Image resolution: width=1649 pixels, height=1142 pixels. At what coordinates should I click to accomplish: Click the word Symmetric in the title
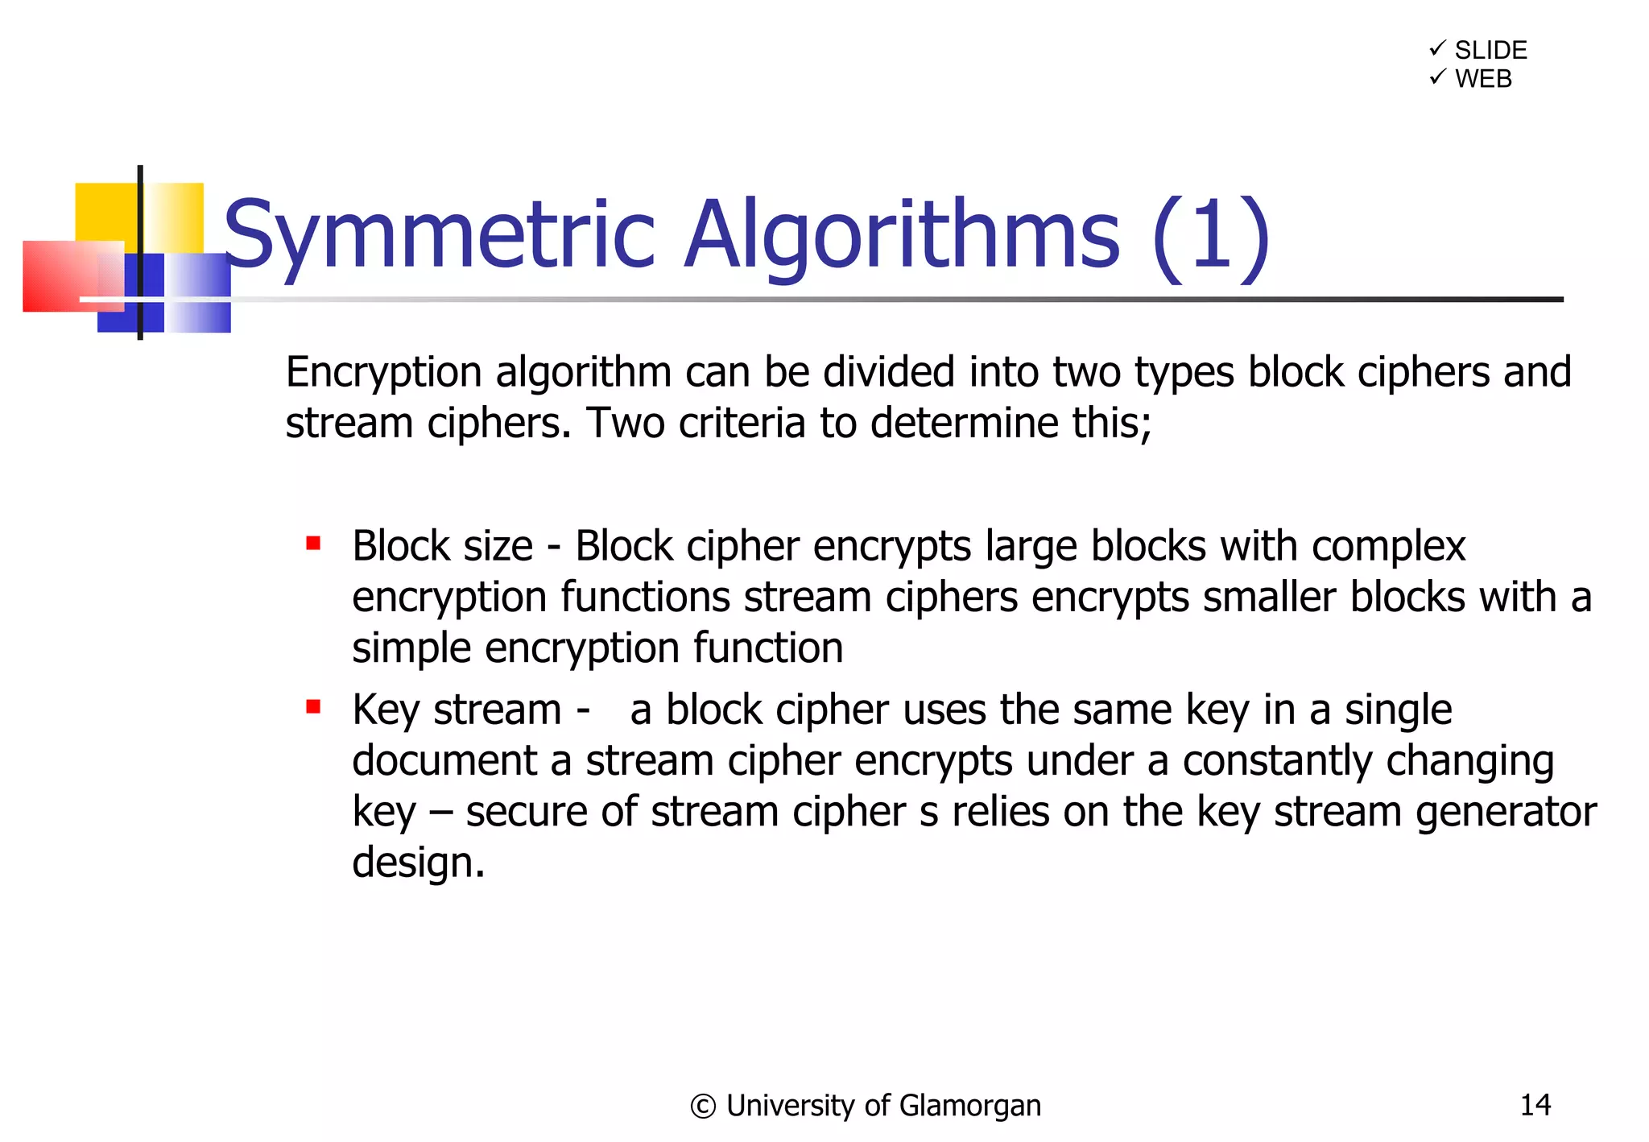(x=439, y=236)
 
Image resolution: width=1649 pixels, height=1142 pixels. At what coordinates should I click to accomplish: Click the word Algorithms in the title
(x=901, y=236)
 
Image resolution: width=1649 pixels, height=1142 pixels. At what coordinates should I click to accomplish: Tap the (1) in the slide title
(x=1211, y=236)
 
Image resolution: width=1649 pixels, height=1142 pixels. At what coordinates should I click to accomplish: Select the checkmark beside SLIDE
(x=1437, y=49)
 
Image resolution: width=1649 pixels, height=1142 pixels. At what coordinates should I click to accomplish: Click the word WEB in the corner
(x=1483, y=79)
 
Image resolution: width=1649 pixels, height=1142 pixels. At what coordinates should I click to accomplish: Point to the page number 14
(x=1535, y=1104)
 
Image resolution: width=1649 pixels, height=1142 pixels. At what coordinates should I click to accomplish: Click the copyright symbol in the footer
(x=702, y=1107)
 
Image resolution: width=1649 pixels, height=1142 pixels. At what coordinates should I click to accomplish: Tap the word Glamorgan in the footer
(x=969, y=1107)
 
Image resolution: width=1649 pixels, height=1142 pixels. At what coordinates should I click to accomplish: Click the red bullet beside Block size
(x=313, y=544)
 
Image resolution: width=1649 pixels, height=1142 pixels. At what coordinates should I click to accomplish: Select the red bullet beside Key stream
(x=313, y=707)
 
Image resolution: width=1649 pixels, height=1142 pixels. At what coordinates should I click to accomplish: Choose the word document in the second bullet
(x=444, y=761)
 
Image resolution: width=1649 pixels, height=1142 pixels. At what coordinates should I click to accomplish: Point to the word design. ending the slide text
(x=419, y=863)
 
